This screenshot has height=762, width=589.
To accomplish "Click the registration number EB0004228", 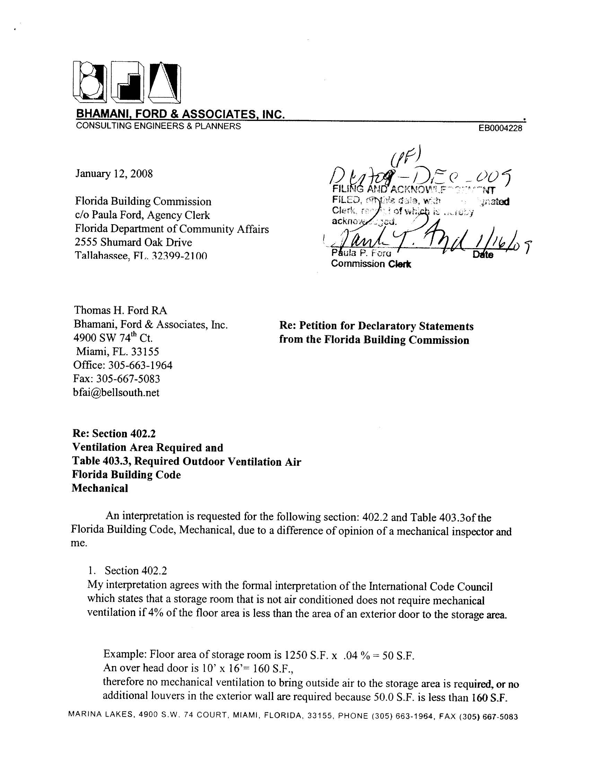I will tap(500, 129).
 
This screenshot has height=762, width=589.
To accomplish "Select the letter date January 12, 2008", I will tap(114, 174).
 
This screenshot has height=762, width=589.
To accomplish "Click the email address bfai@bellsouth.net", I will tap(116, 393).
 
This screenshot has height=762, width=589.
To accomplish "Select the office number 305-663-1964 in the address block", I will tap(141, 365).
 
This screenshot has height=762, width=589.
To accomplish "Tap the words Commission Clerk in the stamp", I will tap(371, 264).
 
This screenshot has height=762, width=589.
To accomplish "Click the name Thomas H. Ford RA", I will tap(120, 310).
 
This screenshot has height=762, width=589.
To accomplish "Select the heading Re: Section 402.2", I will tap(114, 434).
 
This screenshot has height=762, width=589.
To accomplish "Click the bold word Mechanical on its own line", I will tap(100, 488).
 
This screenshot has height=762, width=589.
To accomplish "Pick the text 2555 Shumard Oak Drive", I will tap(133, 243).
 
